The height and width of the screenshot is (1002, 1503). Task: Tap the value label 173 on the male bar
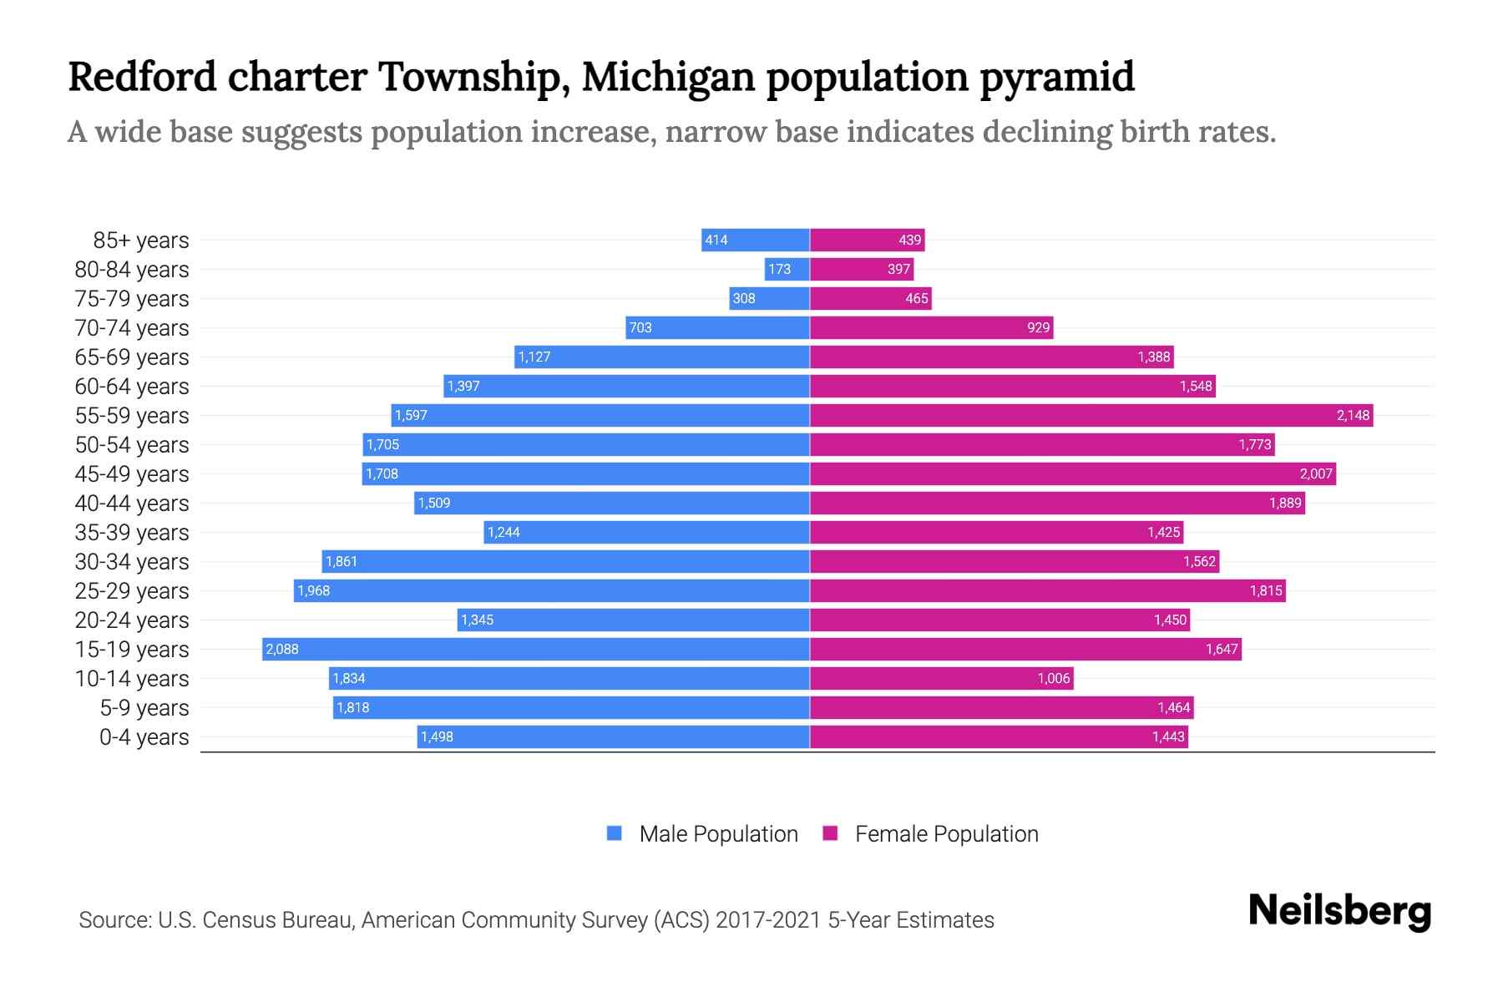coord(779,269)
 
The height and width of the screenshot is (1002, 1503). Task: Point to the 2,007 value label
coord(1316,473)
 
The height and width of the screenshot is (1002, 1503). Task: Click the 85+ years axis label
coord(140,240)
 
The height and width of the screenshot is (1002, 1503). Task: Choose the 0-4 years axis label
coord(144,737)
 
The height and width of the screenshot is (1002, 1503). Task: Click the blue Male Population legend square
coord(615,833)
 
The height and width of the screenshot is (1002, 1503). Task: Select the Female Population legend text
coord(946,834)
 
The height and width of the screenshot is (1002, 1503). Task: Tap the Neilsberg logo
coord(1339,911)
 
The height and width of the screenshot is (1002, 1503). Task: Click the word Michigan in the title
coord(668,77)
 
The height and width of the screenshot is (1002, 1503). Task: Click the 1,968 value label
coord(314,590)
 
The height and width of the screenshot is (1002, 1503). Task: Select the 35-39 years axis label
coord(132,533)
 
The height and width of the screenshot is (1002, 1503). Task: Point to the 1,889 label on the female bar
coord(1285,503)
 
